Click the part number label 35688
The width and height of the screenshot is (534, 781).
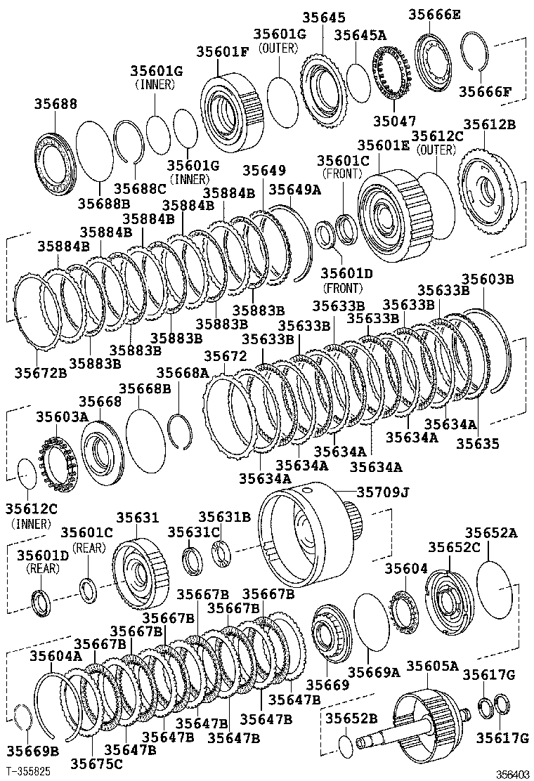56,103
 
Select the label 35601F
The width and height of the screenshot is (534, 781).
221,51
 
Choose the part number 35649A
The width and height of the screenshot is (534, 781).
294,190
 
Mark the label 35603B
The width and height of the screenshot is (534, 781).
488,280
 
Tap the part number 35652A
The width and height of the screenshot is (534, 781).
491,534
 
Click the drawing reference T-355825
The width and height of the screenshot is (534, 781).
29,770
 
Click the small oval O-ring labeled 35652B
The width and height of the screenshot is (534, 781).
346,744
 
